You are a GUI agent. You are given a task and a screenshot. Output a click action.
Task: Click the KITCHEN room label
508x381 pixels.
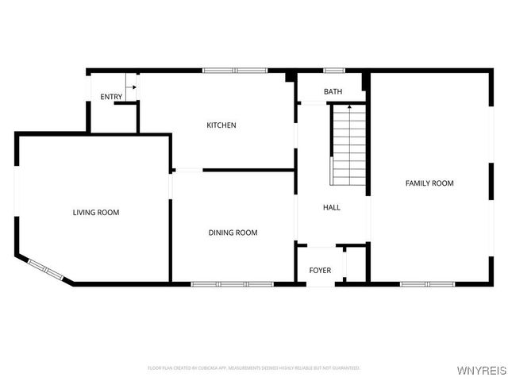pos(221,125)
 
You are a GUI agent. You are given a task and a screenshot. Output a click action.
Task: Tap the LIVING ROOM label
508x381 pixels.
pos(96,212)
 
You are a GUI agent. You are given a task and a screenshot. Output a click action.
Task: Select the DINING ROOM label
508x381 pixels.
pos(233,233)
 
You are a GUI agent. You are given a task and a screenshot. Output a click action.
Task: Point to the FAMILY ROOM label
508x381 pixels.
pos(429,183)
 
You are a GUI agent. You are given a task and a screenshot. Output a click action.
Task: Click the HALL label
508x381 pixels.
pos(332,208)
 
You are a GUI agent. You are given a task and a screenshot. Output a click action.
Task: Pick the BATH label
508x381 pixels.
pos(333,92)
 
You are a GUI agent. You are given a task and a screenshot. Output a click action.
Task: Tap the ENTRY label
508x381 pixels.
pos(111,97)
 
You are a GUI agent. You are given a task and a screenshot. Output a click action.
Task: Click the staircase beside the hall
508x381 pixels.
pos(349,144)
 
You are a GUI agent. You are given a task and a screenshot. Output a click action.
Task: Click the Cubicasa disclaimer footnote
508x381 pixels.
pos(254,368)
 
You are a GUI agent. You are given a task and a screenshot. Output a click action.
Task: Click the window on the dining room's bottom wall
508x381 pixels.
pos(233,283)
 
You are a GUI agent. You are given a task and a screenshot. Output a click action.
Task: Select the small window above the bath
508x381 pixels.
pos(333,71)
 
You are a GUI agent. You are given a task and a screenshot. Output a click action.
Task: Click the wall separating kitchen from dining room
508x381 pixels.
pos(248,169)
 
